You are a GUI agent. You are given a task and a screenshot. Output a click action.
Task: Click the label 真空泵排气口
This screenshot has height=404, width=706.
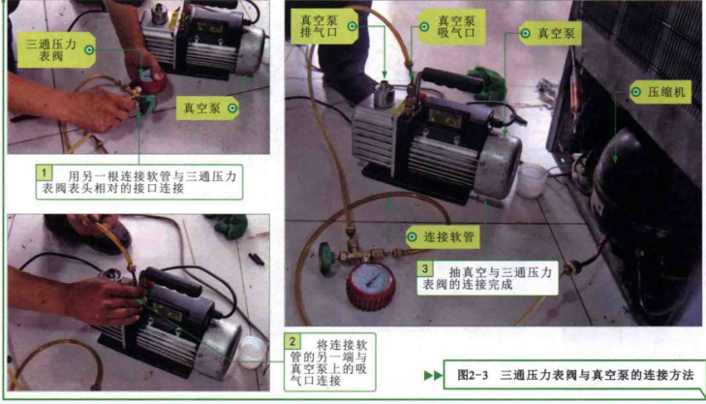point(324,26)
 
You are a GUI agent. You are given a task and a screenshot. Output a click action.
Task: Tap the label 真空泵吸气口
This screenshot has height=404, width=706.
point(451,26)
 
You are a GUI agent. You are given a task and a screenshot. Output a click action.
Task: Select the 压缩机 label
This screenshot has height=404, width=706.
point(660,92)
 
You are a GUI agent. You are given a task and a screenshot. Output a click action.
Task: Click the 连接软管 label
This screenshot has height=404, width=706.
point(443,236)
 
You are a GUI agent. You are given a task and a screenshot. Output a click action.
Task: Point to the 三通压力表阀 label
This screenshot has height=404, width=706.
point(56,49)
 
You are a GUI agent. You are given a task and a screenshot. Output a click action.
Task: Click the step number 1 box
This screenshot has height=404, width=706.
point(45,172)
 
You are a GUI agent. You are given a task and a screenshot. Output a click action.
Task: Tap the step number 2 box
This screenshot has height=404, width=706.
point(292,341)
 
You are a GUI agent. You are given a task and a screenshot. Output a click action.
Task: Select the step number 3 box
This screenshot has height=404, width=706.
point(424,269)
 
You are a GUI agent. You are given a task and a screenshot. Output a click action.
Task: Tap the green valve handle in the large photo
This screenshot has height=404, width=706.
point(327,258)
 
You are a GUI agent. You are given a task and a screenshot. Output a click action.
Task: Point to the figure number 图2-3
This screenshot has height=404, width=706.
point(473,375)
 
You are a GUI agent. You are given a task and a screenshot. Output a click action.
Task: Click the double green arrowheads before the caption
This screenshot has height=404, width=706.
point(433,375)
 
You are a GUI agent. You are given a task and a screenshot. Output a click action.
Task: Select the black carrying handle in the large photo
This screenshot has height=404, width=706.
point(450,81)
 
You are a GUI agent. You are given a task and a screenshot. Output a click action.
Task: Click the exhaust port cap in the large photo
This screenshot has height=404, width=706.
point(384,92)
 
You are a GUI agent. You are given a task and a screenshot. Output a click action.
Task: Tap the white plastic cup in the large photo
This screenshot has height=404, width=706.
point(532,180)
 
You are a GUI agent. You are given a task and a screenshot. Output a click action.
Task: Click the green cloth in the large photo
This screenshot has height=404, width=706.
point(487,82)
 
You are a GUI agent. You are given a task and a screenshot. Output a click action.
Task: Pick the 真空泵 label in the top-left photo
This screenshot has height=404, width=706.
point(207,109)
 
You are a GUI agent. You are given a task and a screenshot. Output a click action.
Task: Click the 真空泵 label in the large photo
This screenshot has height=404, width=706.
point(550,33)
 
